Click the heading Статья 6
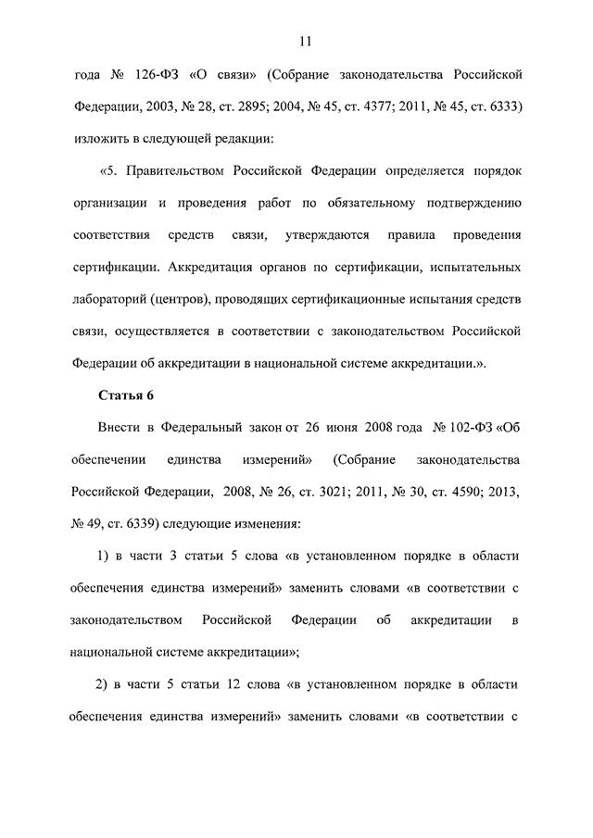click(x=125, y=395)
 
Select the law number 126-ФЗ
click(x=163, y=73)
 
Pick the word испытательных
click(x=472, y=268)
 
